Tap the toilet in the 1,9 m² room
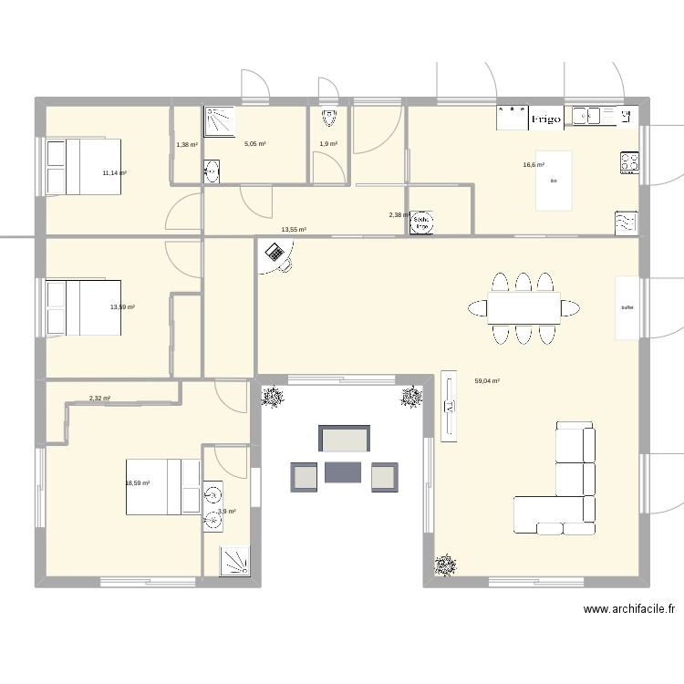point(328,118)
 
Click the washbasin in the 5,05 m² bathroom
point(212,171)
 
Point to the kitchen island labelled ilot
point(554,181)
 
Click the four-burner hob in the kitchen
point(628,162)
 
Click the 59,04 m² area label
point(487,381)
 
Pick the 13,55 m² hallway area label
point(293,230)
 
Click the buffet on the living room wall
point(627,307)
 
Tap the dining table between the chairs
point(523,308)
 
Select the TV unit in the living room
point(448,406)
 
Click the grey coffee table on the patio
point(343,472)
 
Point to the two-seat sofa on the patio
point(344,439)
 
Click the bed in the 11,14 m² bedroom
point(83,166)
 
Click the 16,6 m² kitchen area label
point(534,165)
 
